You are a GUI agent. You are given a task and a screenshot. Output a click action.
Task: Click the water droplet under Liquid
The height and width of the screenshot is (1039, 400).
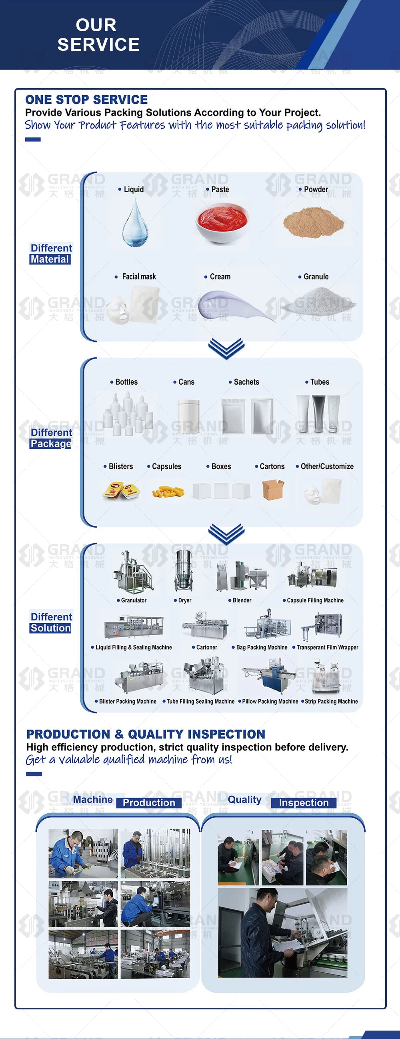click(135, 224)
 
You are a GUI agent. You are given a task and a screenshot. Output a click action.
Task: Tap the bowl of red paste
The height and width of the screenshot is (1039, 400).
click(221, 223)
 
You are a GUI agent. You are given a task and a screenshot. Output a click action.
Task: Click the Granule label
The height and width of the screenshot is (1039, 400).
click(316, 277)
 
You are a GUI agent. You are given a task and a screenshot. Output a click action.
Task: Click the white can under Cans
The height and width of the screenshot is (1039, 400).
click(189, 417)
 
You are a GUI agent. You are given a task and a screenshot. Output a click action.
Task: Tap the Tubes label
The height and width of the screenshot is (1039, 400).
click(319, 382)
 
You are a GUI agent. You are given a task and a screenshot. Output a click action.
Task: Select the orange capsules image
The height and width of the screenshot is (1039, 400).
click(168, 491)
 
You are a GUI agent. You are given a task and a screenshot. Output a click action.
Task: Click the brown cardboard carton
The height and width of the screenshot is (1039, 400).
click(273, 489)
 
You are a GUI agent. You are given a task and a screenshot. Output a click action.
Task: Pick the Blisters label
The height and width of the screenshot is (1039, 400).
click(120, 466)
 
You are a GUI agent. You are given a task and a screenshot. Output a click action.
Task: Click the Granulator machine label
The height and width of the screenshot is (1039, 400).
click(134, 600)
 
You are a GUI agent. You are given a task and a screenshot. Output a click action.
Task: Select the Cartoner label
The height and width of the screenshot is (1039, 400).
click(206, 647)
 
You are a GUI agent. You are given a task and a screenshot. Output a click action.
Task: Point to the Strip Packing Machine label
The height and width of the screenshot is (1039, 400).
click(331, 702)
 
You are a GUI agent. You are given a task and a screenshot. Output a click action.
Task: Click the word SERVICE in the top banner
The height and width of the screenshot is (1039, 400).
click(98, 45)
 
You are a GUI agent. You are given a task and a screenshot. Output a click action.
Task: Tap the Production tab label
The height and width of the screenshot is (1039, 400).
click(149, 802)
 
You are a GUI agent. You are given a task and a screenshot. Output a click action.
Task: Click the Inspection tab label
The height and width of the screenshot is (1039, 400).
click(304, 802)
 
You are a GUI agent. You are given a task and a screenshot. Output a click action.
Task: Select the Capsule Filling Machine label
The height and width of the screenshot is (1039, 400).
click(315, 600)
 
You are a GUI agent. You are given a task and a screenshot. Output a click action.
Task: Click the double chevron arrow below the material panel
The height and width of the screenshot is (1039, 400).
click(226, 349)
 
